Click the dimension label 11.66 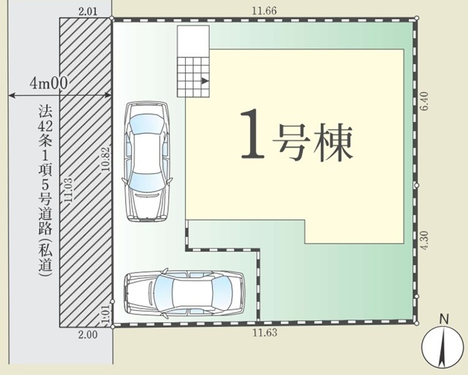pyautogui.click(x=264, y=11)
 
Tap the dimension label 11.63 pyautogui.click(x=265, y=333)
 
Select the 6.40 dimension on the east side pyautogui.click(x=424, y=101)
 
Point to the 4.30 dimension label pyautogui.click(x=424, y=240)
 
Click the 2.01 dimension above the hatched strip pyautogui.click(x=88, y=12)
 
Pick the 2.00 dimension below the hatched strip pyautogui.click(x=88, y=334)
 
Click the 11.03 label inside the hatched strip pyautogui.click(x=68, y=191)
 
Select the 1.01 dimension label pyautogui.click(x=107, y=314)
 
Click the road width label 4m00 pyautogui.click(x=49, y=83)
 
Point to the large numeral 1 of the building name pyautogui.click(x=252, y=133)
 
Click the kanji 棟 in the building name pyautogui.click(x=333, y=143)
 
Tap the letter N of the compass pyautogui.click(x=445, y=319)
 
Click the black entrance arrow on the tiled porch pyautogui.click(x=205, y=81)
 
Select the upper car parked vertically pyautogui.click(x=147, y=162)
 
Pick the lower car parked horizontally pyautogui.click(x=184, y=292)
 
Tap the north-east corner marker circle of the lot pyautogui.click(x=417, y=18)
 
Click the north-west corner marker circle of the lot pyautogui.click(x=112, y=18)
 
